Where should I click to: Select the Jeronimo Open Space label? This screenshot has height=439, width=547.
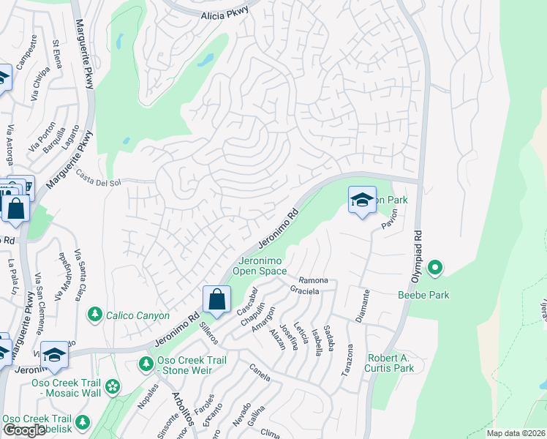(260, 265)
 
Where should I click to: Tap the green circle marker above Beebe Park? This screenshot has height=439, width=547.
(435, 269)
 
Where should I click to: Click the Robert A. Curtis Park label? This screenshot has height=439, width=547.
(391, 364)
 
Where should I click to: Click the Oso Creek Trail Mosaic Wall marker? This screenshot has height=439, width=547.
(112, 386)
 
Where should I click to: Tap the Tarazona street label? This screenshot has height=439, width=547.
(350, 361)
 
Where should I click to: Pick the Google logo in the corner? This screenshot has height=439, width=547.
(24, 429)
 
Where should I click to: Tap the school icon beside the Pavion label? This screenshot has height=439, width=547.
(362, 200)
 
